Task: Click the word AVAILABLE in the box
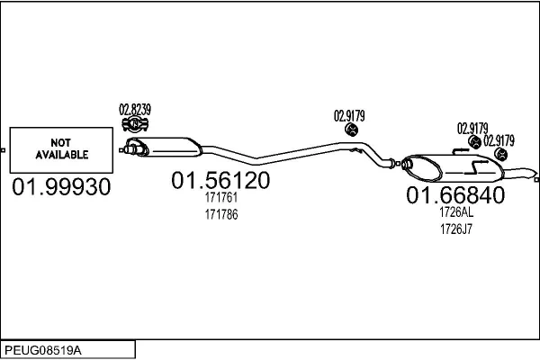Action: point(62,155)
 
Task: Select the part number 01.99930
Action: point(62,187)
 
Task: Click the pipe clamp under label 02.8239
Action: point(134,124)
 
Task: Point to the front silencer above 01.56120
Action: point(171,145)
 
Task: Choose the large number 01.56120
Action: point(220,181)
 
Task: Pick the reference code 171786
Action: point(220,215)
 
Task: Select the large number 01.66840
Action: point(455,195)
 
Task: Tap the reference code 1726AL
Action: point(455,213)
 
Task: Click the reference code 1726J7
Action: point(455,229)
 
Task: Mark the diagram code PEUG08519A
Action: point(44,348)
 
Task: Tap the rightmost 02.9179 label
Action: point(499,140)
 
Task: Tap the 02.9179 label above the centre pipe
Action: point(349,115)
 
